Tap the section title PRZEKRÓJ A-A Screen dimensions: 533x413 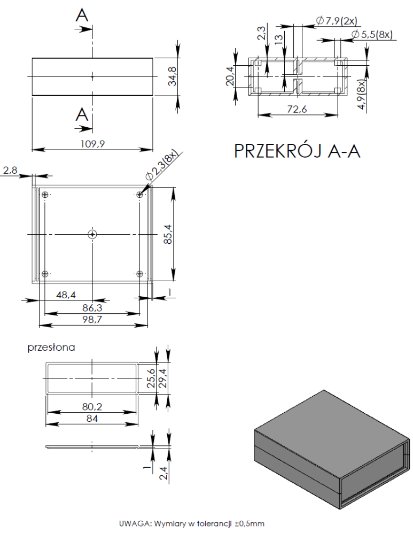297,151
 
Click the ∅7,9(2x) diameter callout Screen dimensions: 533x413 337,21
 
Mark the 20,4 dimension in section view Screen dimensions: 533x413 230,76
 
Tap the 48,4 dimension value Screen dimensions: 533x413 67,295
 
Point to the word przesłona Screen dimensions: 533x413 51,347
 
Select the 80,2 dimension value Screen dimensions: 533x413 92,406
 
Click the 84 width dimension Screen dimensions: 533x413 92,419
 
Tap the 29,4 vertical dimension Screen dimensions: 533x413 164,377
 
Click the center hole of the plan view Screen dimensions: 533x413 93,234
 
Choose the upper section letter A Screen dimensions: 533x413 82,16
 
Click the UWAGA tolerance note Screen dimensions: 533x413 192,523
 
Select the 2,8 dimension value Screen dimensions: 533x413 10,170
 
